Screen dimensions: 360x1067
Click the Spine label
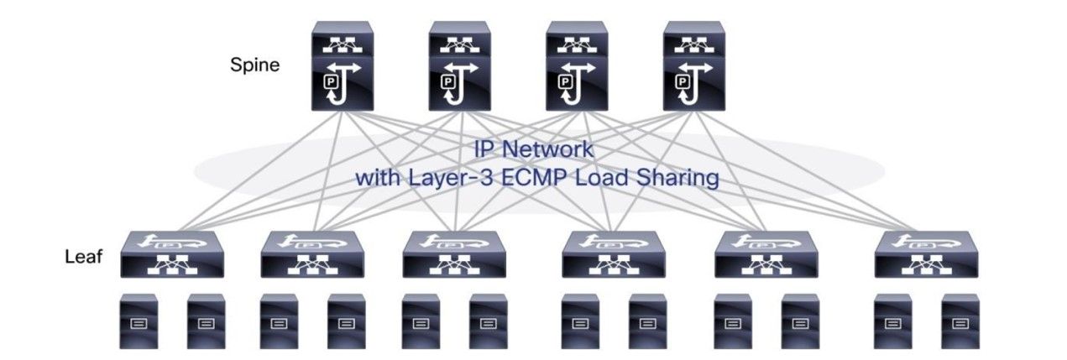coord(255,65)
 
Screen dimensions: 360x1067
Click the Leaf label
coord(83,257)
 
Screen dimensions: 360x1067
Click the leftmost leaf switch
coord(170,254)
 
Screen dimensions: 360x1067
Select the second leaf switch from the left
coord(311,254)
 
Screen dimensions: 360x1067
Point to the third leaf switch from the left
coord(453,254)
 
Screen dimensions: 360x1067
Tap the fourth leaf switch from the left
coord(612,254)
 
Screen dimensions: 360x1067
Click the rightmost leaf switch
coord(924,254)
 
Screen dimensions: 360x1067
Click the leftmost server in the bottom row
coord(137,320)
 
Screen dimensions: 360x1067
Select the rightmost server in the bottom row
coord(958,320)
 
